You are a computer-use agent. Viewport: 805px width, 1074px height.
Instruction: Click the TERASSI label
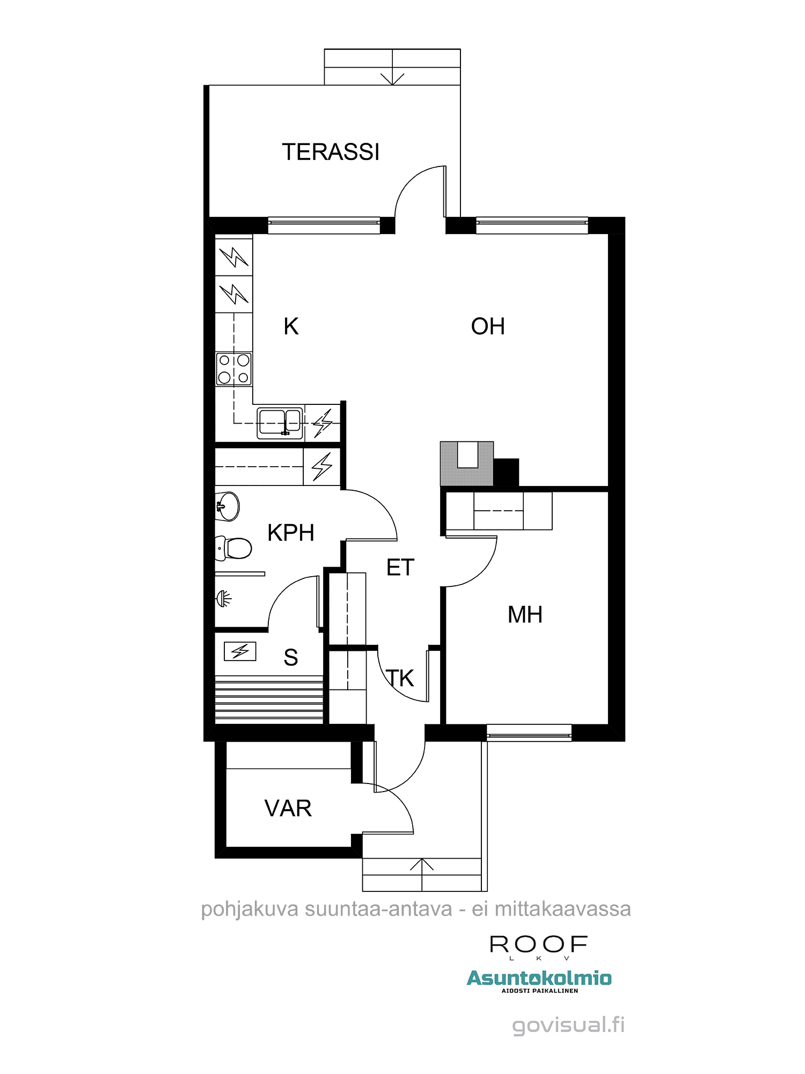pos(331,152)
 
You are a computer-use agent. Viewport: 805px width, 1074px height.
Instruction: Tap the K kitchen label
pos(291,326)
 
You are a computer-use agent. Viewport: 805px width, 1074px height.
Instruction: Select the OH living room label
pos(488,326)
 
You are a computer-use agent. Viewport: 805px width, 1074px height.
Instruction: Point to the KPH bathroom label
pos(291,533)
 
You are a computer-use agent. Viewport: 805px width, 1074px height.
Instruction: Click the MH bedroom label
pos(525,615)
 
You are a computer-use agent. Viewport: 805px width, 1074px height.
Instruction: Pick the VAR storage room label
pos(288,808)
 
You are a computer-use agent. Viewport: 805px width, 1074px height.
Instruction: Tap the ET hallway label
pos(400,568)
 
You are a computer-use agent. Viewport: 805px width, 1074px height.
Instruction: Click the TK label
pos(400,678)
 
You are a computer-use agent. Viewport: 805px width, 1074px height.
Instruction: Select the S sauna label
pos(291,657)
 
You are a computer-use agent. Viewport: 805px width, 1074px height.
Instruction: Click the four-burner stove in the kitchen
pos(233,369)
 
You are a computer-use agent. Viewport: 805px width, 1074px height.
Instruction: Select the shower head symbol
pos(224,598)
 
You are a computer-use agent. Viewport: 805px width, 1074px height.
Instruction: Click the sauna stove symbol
pos(240,651)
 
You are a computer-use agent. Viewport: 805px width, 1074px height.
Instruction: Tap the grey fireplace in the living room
pos(467,463)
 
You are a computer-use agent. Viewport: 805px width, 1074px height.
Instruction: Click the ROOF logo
pos(539,947)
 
